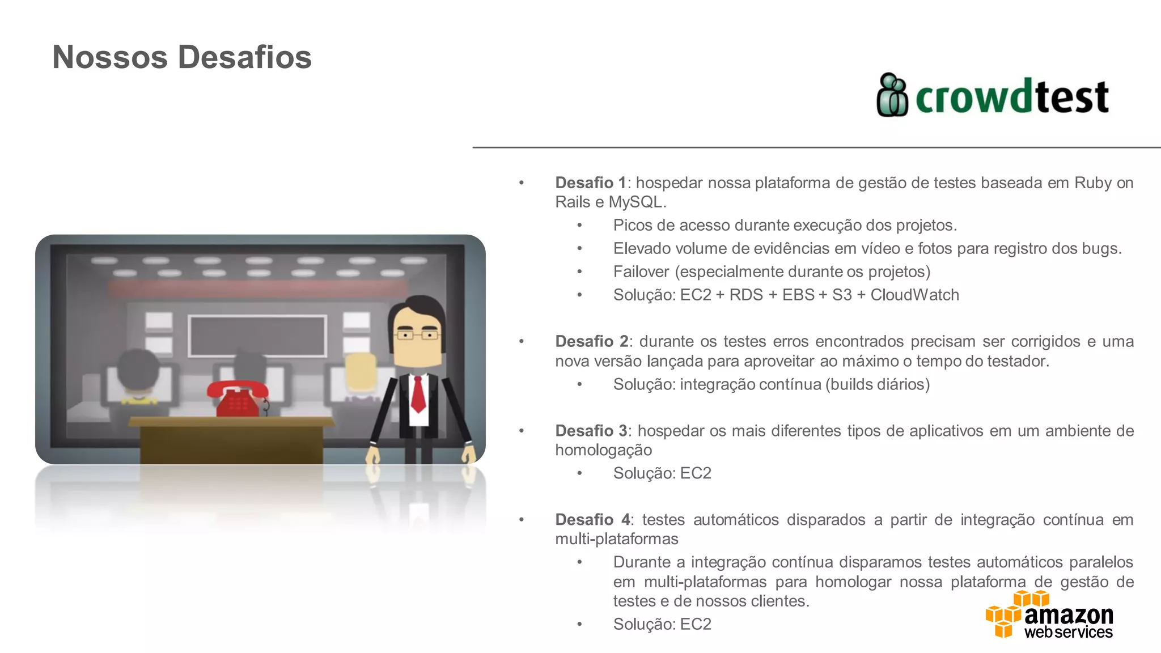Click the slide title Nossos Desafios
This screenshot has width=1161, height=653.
click(x=182, y=57)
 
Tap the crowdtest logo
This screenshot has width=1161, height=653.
click(x=992, y=96)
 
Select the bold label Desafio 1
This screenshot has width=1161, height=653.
click(x=590, y=183)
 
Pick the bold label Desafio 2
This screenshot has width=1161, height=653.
click(x=591, y=342)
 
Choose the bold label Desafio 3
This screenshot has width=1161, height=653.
click(x=591, y=431)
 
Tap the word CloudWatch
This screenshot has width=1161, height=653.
click(x=914, y=295)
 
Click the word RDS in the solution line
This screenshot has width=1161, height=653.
click(x=746, y=295)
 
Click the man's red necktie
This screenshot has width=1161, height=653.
click(x=418, y=394)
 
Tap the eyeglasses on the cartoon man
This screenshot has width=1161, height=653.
click(x=417, y=335)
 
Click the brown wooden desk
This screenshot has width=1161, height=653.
click(x=231, y=439)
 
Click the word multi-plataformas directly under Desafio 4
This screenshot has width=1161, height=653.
click(x=616, y=539)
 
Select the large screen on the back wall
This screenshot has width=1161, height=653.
click(x=257, y=336)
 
